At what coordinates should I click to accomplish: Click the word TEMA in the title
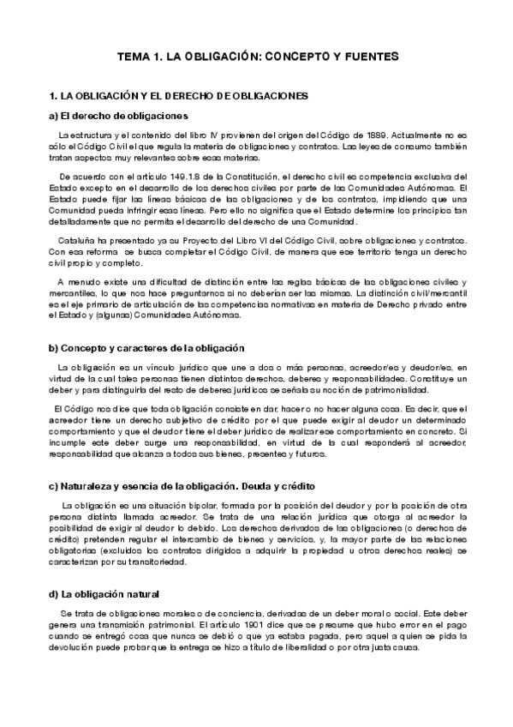point(133,57)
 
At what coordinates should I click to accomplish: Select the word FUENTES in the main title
point(369,57)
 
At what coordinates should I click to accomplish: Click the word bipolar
point(191,506)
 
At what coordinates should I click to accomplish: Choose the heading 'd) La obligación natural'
point(104,594)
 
